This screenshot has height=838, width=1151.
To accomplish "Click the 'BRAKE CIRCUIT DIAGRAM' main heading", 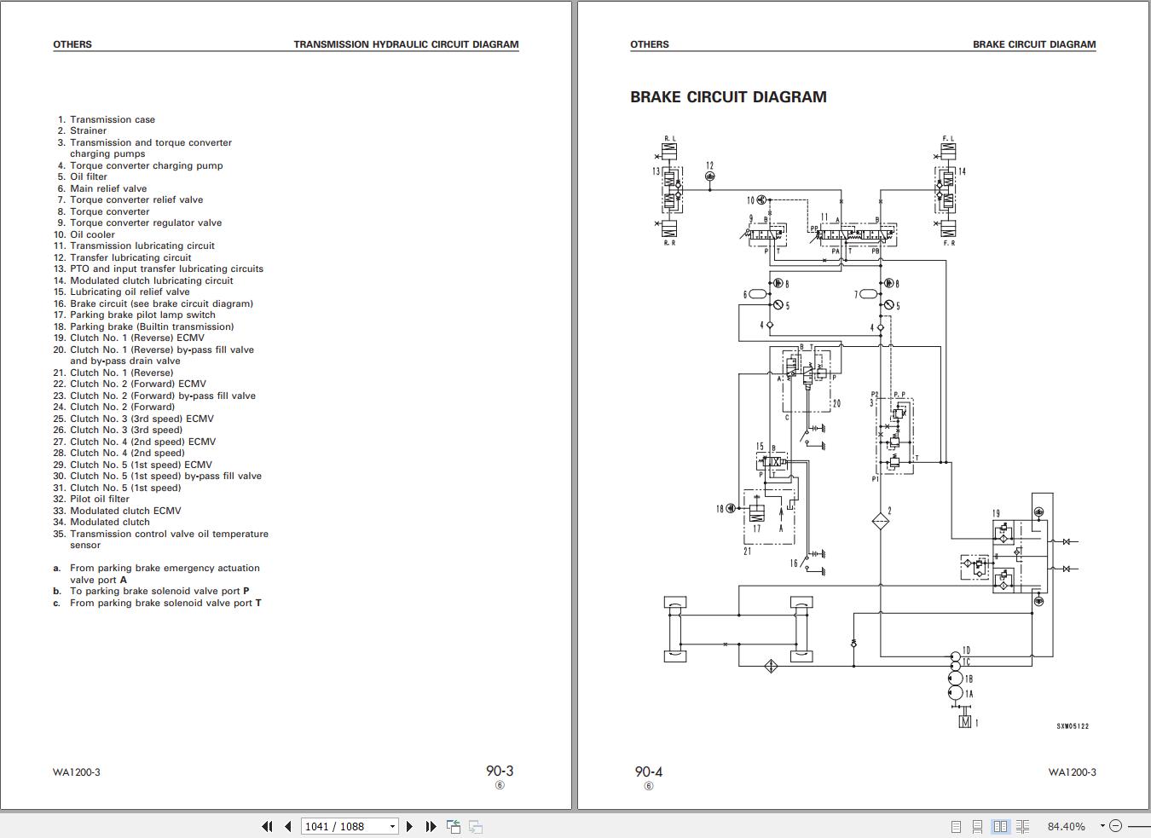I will (x=728, y=97).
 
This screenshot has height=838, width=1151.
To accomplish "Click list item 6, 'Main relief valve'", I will (x=108, y=188).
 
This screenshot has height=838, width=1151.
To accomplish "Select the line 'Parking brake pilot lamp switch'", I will (x=142, y=315).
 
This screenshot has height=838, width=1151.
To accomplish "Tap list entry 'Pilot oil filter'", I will (x=100, y=499).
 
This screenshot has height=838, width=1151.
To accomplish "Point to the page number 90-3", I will (x=500, y=771).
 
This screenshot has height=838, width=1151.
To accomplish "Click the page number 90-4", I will (x=648, y=772).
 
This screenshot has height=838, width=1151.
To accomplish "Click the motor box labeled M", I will (x=965, y=722).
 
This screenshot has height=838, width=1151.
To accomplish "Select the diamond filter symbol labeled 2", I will (x=881, y=521).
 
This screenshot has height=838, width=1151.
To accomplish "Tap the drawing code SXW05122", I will (x=1073, y=726).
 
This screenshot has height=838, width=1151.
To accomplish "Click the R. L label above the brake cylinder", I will (x=669, y=138).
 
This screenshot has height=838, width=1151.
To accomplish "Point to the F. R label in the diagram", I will (x=949, y=243).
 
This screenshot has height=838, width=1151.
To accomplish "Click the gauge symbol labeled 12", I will (x=710, y=176).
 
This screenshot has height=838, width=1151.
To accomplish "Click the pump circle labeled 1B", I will (x=956, y=679).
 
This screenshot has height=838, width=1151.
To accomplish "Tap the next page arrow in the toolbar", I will (x=410, y=826).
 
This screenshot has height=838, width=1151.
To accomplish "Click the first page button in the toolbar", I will (x=267, y=826).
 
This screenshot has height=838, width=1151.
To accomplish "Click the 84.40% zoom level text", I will (x=1066, y=826).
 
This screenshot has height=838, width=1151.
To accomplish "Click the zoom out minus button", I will (x=1116, y=826).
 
